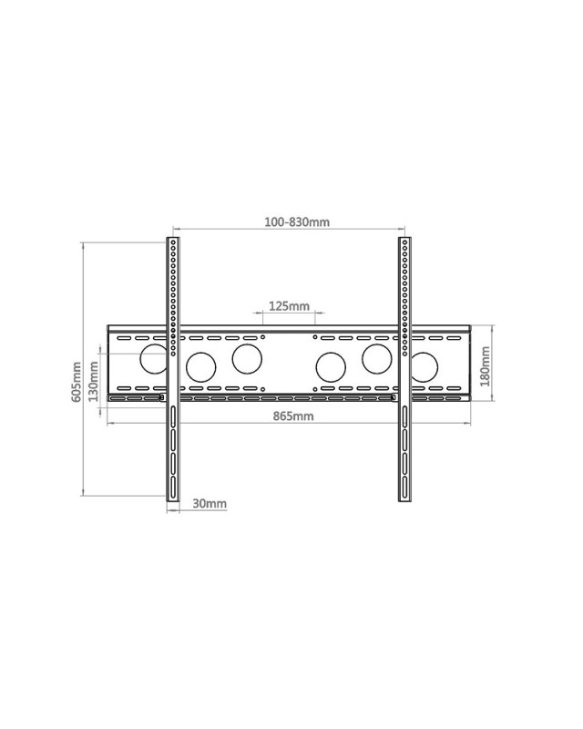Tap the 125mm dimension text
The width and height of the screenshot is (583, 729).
[x=289, y=306]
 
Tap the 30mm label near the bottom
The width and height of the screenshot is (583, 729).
[x=210, y=503]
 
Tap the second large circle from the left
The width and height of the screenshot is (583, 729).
[x=199, y=368]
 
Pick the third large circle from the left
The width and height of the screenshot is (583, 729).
[x=246, y=358]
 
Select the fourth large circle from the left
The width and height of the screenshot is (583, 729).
[x=329, y=368]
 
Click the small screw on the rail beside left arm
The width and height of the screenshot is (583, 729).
[x=162, y=397]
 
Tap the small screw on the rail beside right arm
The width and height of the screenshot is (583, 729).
[x=393, y=397]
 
